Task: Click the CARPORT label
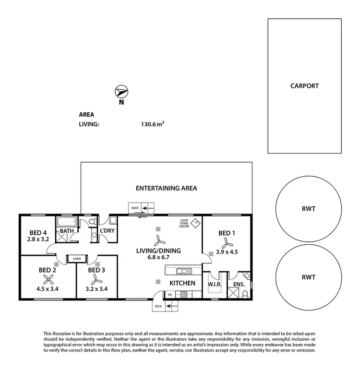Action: [x=304, y=86]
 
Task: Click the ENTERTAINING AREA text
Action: [x=166, y=188]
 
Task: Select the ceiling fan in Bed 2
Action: [x=48, y=280]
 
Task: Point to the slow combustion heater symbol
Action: [x=195, y=223]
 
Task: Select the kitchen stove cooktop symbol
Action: [x=183, y=295]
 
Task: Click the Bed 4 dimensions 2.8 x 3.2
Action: [x=38, y=239]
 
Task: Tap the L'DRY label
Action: [x=107, y=231]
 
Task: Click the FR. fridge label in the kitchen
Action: [x=163, y=295]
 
